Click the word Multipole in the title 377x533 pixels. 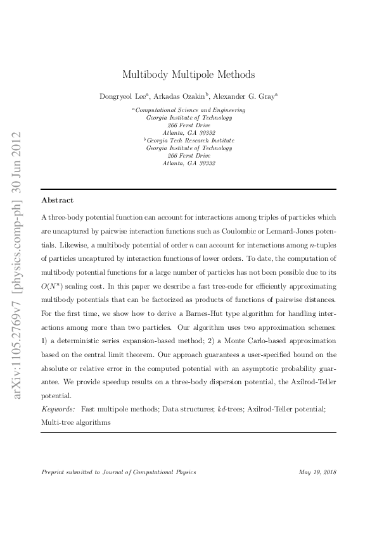(188, 75)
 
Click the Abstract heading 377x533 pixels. (57, 200)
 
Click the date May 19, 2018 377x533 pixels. (316, 472)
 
